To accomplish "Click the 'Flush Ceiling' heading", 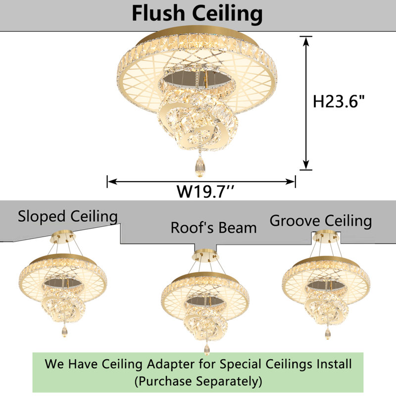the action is click(x=197, y=13).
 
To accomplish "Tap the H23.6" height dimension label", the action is click(x=339, y=101).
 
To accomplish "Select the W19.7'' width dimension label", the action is click(x=205, y=192).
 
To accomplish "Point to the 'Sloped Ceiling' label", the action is click(x=68, y=216).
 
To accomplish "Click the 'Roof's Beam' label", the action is click(x=214, y=228).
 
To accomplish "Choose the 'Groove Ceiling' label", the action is click(x=321, y=221).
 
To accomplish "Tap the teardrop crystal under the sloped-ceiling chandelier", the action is click(x=64, y=331).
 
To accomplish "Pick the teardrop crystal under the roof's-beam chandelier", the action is click(x=207, y=349).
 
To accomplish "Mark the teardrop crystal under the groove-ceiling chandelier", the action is click(x=328, y=333).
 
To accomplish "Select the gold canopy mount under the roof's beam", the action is click(x=205, y=255).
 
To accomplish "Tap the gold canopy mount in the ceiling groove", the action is click(x=326, y=237).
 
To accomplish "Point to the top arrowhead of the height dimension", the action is click(x=306, y=41).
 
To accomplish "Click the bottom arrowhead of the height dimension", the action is click(x=306, y=165).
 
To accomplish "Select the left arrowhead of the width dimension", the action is click(x=113, y=181).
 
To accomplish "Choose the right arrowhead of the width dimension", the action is click(x=290, y=181).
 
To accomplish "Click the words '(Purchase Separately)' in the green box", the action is click(x=198, y=381).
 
